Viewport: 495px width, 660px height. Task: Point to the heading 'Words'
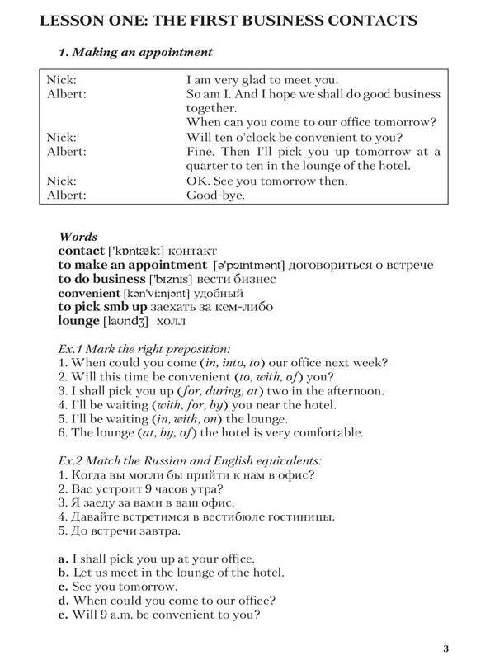80,236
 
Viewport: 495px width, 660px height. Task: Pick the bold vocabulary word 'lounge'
78,320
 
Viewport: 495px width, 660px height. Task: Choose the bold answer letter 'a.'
64,559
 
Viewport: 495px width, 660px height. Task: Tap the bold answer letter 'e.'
64,615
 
